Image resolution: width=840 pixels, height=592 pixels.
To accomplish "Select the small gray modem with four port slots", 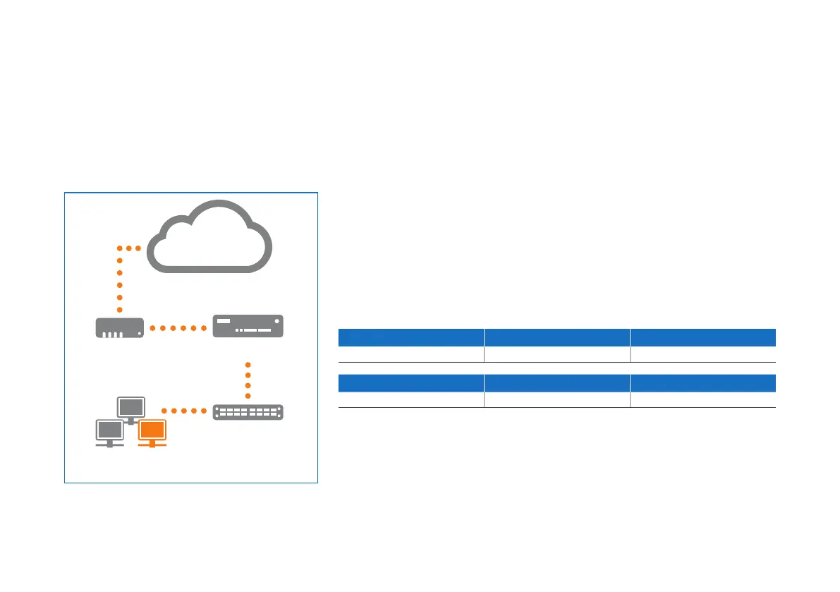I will point(120,328).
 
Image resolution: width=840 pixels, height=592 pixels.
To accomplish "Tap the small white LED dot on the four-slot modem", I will point(140,333).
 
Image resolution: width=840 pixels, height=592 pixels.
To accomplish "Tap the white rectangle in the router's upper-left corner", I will point(224,321).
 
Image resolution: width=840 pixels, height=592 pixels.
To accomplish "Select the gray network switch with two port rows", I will point(248,412).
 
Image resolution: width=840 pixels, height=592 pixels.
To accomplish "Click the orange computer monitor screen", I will point(152,430).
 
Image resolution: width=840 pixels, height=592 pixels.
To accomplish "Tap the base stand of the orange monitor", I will point(152,446).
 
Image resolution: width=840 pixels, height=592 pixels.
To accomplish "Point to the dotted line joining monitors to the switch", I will point(184,411).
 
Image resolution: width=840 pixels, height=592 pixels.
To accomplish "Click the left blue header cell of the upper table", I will point(410,337).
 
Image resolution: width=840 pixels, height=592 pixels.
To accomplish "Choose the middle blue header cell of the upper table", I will point(556,337).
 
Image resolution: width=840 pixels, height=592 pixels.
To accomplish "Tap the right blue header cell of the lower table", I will point(702,382).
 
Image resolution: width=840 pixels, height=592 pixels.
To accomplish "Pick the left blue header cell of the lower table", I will point(410,382).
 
